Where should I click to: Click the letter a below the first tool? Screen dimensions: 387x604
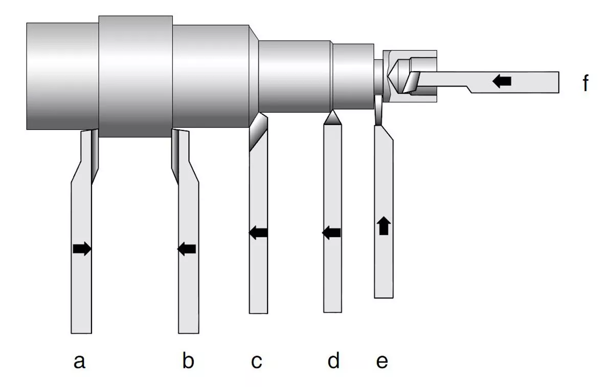pyautogui.click(x=79, y=362)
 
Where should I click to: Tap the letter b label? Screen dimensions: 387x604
pyautogui.click(x=188, y=362)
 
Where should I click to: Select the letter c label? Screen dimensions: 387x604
pyautogui.click(x=256, y=362)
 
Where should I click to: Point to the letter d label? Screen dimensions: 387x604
pyautogui.click(x=333, y=361)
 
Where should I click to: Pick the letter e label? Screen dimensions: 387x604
pyautogui.click(x=382, y=362)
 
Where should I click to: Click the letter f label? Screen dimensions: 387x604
pyautogui.click(x=586, y=83)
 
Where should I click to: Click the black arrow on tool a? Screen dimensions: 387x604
pyautogui.click(x=82, y=249)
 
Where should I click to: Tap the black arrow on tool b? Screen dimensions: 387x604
pyautogui.click(x=187, y=249)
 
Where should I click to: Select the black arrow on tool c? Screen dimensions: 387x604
pyautogui.click(x=259, y=233)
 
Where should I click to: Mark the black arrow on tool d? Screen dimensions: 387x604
pyautogui.click(x=332, y=233)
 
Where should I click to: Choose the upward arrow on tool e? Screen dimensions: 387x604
pyautogui.click(x=384, y=225)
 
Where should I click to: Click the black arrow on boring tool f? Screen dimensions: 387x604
pyautogui.click(x=502, y=80)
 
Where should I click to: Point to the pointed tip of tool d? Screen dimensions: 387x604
pyautogui.click(x=332, y=116)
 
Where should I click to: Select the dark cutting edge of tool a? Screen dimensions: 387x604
pyautogui.click(x=95, y=154)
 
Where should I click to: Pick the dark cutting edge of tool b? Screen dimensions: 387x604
pyautogui.click(x=175, y=154)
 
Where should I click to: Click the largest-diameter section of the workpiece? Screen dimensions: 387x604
pyautogui.click(x=135, y=77)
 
